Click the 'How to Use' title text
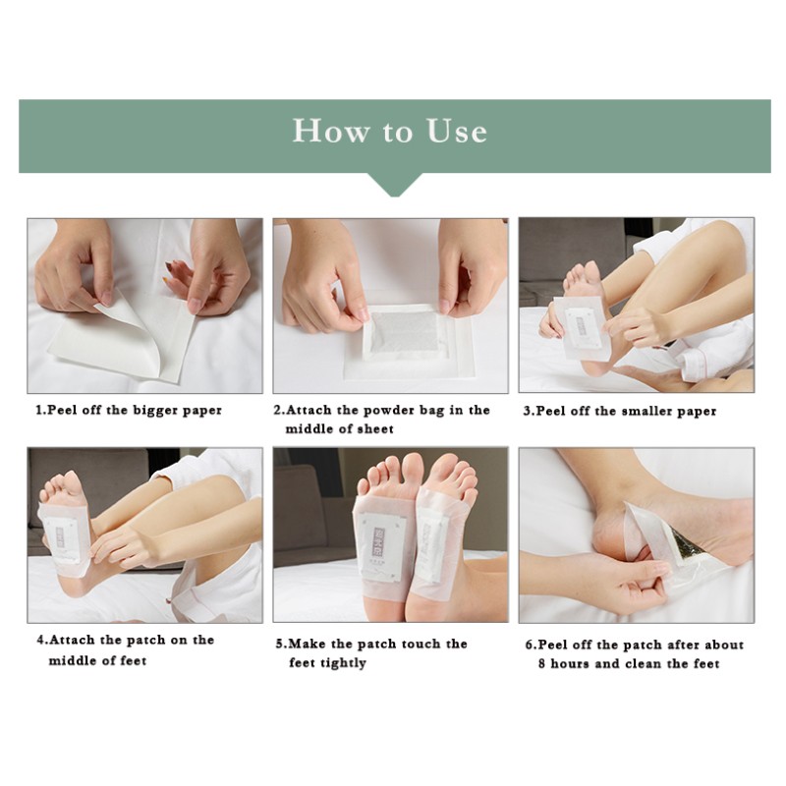click(x=390, y=131)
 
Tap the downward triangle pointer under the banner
click(x=393, y=184)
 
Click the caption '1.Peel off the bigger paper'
click(x=129, y=410)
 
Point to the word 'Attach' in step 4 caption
click(x=77, y=640)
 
